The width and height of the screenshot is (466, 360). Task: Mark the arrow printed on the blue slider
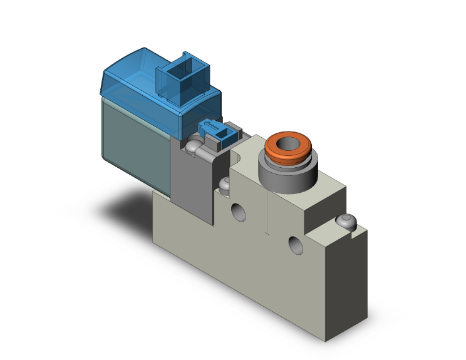pyautogui.click(x=213, y=130)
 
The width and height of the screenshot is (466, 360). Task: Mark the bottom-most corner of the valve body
pyautogui.click(x=326, y=341)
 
